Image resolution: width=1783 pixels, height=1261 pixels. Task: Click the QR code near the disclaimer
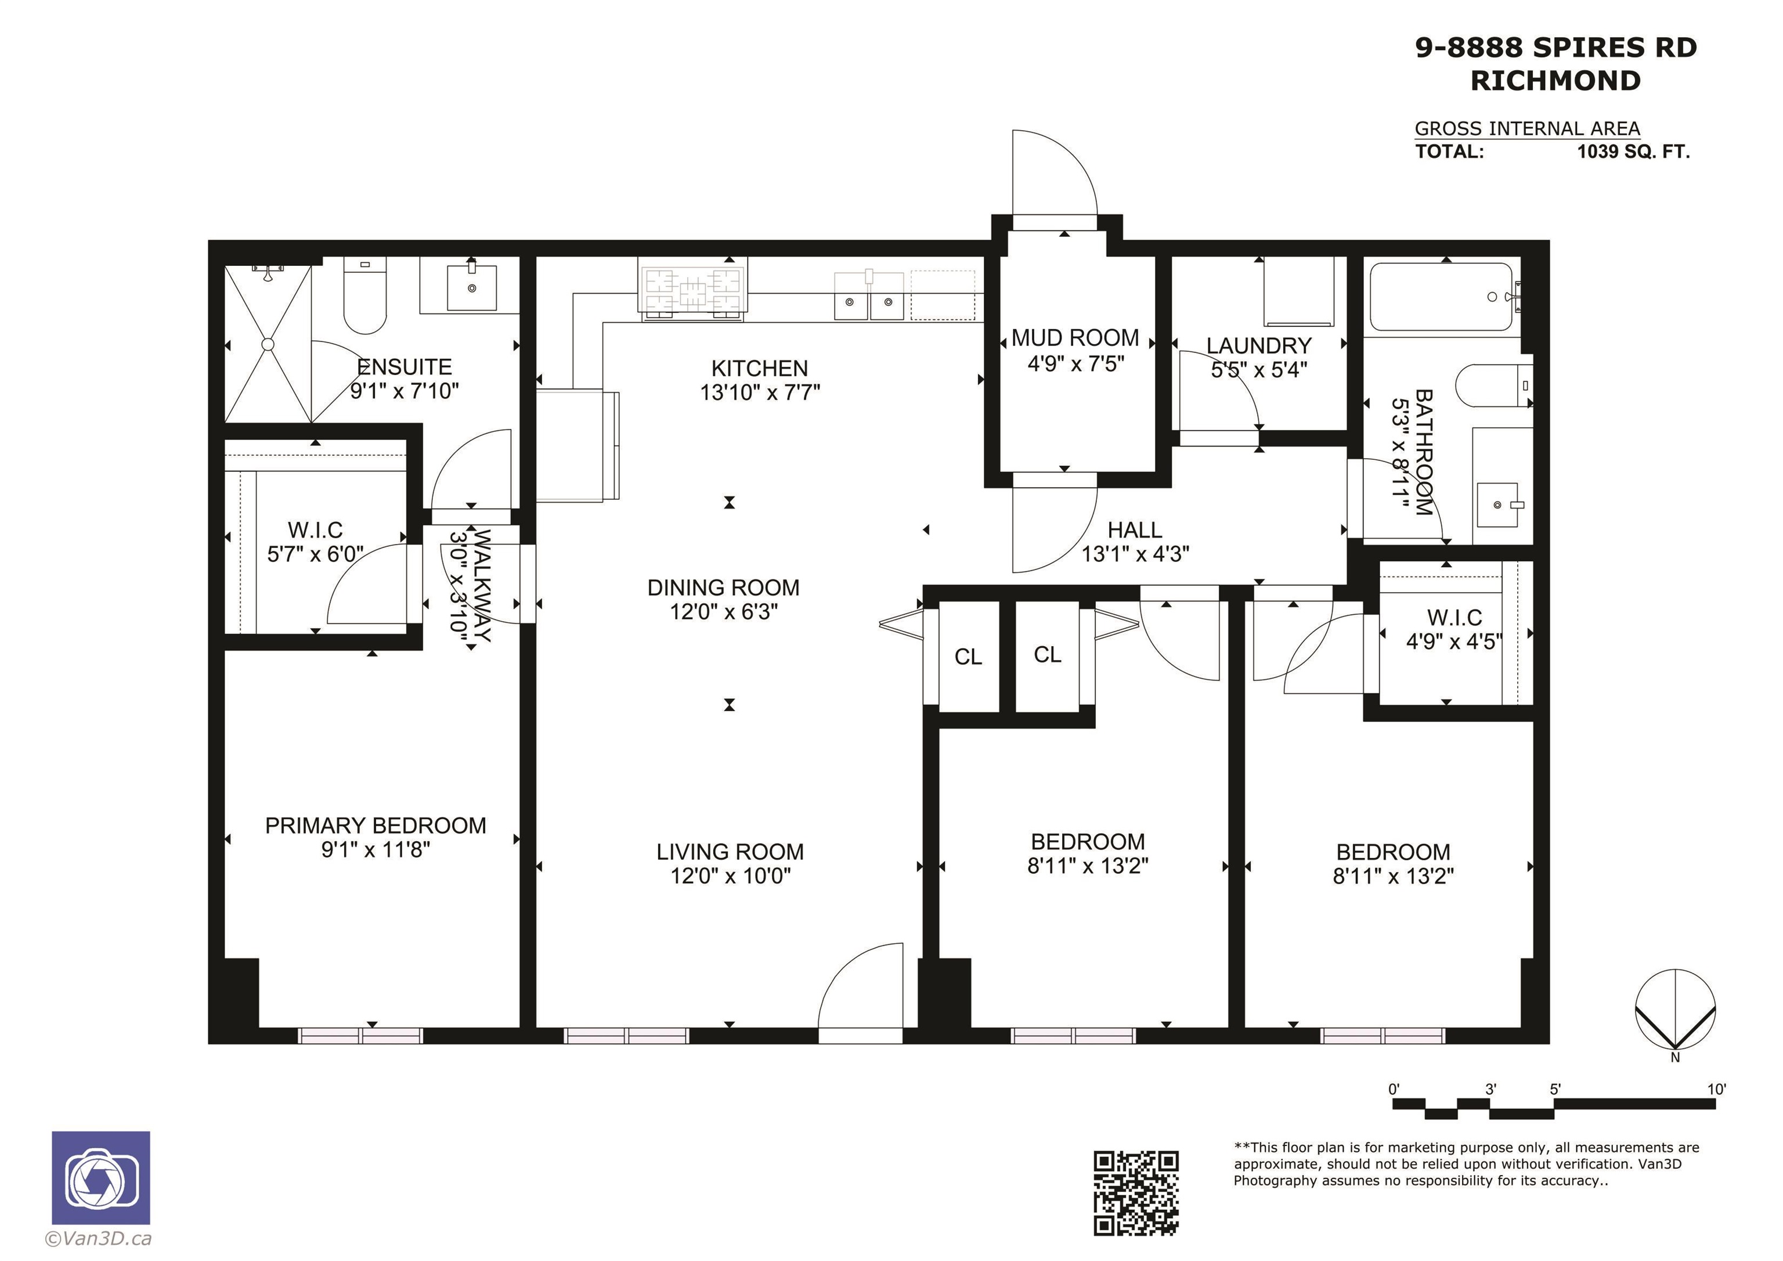[x=1135, y=1192]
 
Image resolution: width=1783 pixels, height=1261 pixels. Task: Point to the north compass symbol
[x=1675, y=1011]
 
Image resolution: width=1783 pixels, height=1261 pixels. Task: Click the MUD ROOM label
[x=1075, y=338]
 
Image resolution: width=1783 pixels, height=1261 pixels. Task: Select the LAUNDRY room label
[x=1259, y=346]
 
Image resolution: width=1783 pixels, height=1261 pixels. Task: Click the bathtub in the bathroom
[x=1441, y=297]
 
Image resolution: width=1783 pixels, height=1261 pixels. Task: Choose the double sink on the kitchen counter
[x=869, y=296]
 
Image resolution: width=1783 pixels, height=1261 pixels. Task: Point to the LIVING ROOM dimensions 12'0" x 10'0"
[x=731, y=876]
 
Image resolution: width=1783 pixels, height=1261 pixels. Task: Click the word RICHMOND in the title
[x=1555, y=81]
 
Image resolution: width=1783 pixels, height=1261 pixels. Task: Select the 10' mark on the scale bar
[x=1716, y=1089]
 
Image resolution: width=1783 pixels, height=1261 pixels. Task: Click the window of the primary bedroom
[x=360, y=1035]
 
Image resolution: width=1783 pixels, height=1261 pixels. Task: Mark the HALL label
[x=1135, y=530]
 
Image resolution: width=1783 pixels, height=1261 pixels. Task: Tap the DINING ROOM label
[x=724, y=588]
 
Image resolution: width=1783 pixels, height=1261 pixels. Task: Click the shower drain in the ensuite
[x=268, y=344]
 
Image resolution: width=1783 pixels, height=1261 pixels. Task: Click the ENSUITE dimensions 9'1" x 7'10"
[x=405, y=391]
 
